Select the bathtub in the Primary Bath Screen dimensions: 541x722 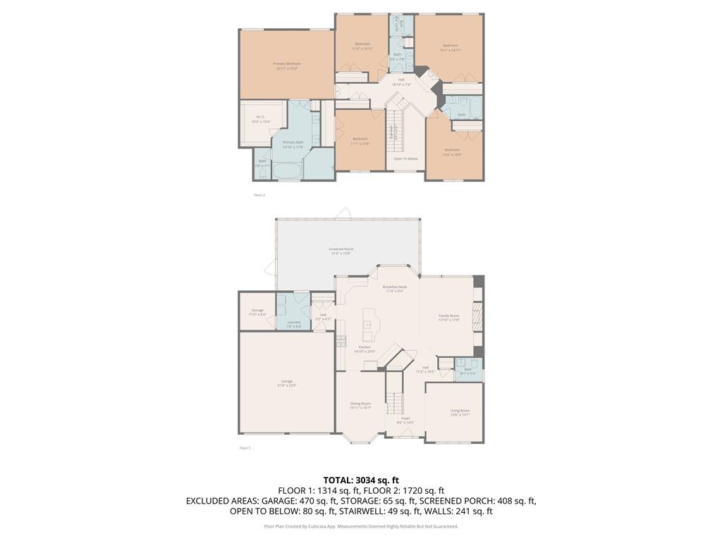[x=286, y=171]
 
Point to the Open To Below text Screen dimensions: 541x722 [x=405, y=158]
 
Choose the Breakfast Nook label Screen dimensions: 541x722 [x=394, y=287]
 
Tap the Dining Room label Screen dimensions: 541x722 [x=360, y=404]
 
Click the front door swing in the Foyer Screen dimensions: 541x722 [x=405, y=435]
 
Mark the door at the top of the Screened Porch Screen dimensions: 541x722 [x=345, y=213]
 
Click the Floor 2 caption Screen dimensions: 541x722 [x=259, y=194]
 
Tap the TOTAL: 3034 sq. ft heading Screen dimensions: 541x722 [x=361, y=480]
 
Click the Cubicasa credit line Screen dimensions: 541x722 [x=361, y=526]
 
